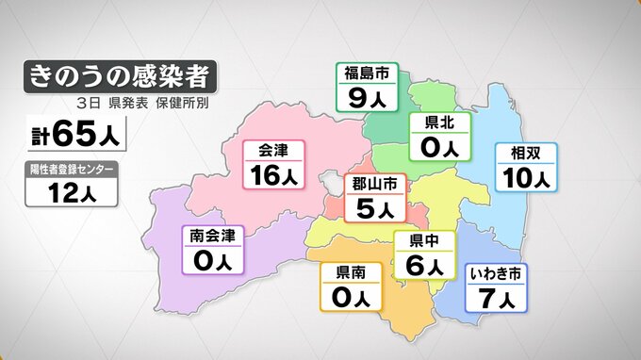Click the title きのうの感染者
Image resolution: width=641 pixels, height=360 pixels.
pos(119,74)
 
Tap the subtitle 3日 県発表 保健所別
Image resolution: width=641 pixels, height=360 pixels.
pos(139,101)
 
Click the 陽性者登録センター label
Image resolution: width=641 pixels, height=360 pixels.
pos(74,169)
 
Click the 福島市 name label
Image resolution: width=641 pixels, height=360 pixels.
pos(367,74)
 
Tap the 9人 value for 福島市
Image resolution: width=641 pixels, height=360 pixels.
pos(367,97)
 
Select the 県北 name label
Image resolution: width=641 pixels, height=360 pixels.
pos(440,123)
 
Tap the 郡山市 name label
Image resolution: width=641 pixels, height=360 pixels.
pos(374,183)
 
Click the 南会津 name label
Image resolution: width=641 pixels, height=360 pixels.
pos(212,234)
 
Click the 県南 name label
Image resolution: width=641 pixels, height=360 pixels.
pos(352,273)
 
